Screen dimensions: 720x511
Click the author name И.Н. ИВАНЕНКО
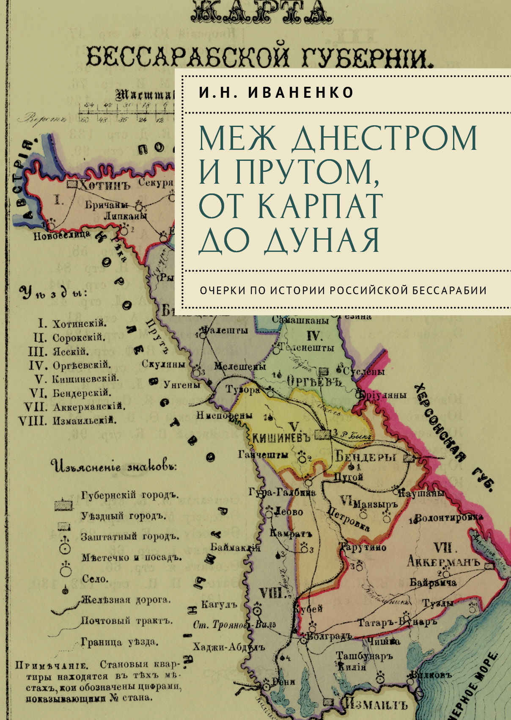(276, 92)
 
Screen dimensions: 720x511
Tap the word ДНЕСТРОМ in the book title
(384, 138)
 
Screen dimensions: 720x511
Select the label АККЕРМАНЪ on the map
(443, 562)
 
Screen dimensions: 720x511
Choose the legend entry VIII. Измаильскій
(68, 421)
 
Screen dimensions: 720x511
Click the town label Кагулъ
(219, 604)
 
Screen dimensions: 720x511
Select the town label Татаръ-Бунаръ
(397, 623)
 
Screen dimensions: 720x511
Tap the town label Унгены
(181, 384)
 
